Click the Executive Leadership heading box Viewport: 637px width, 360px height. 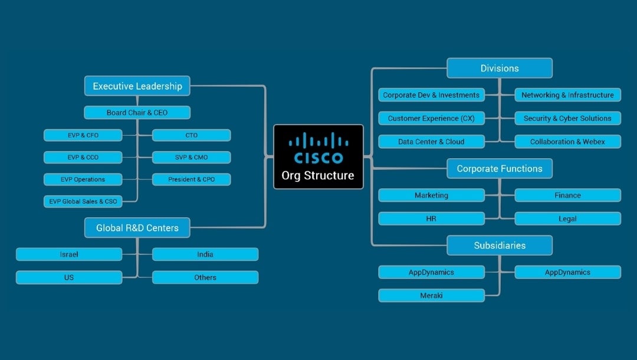[137, 86]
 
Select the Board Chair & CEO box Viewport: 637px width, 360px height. [137, 113]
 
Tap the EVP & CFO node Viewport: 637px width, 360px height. [83, 135]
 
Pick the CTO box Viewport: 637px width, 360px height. [191, 135]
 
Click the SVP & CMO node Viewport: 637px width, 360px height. [191, 158]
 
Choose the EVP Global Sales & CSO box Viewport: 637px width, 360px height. [83, 201]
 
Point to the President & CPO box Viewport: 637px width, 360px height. [191, 179]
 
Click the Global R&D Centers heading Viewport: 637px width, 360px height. [137, 228]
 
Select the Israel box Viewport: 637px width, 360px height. [69, 254]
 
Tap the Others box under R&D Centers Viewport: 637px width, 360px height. [205, 277]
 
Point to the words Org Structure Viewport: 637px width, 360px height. [318, 175]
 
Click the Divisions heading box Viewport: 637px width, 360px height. [500, 68]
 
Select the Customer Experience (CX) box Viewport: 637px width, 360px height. [431, 119]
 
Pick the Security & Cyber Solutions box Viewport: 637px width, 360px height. [567, 119]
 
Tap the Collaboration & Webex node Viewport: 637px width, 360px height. [567, 142]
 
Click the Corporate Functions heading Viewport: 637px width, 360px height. [500, 169]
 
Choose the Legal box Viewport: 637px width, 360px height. [567, 219]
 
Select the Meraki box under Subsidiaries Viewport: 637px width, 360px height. [431, 295]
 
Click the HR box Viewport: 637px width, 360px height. [431, 219]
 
